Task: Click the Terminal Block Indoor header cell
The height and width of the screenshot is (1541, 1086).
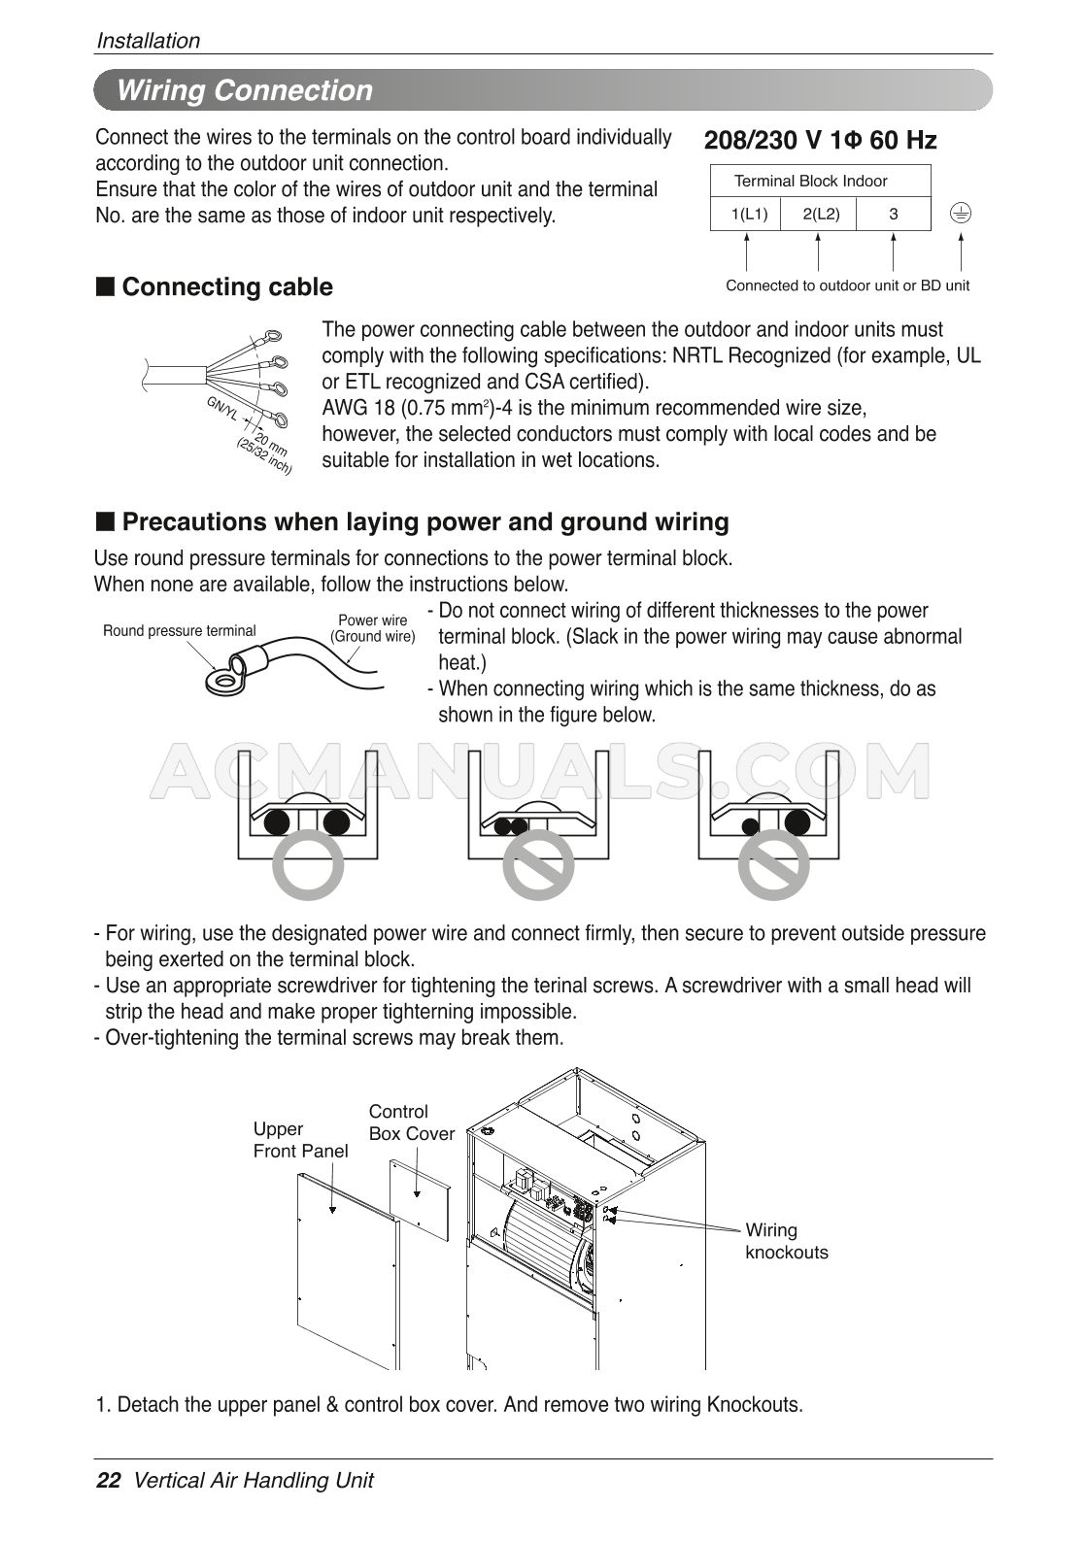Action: click(810, 181)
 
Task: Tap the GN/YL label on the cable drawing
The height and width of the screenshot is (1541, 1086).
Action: click(222, 410)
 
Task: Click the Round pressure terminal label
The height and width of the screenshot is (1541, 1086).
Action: click(180, 631)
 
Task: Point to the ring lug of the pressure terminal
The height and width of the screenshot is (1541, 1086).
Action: click(224, 683)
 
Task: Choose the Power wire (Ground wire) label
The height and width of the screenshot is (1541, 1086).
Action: click(373, 628)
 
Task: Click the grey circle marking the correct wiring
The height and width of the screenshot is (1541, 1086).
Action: click(309, 865)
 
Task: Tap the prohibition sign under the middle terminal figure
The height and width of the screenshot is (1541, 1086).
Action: click(540, 865)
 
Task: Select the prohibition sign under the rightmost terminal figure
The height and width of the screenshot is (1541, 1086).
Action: click(773, 865)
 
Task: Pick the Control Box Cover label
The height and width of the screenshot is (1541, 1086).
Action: click(411, 1122)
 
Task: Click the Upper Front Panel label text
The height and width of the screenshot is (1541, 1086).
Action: click(300, 1140)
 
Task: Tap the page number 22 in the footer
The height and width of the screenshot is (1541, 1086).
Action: click(108, 1481)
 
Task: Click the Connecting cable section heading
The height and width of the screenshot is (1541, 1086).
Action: click(227, 287)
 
